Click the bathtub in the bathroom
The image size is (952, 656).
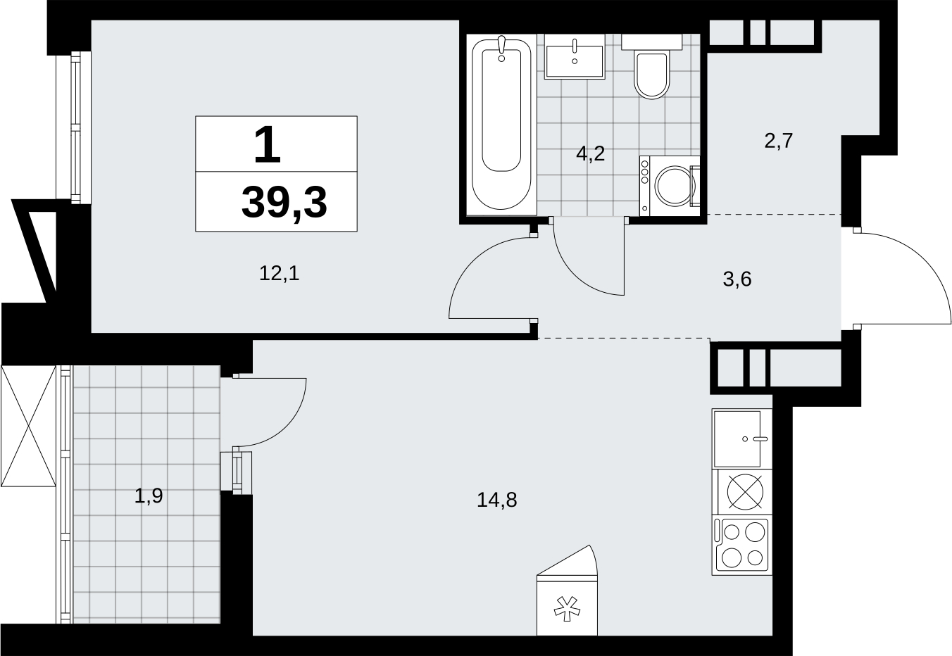point(501,125)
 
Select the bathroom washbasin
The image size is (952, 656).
point(575,62)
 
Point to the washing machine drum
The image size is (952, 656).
point(675,186)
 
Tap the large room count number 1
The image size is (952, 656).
point(268,146)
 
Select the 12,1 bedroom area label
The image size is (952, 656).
point(280,273)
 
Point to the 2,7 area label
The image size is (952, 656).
point(779,141)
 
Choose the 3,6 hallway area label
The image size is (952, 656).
point(737,279)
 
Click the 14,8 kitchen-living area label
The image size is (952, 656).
point(497,500)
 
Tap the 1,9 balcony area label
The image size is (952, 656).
point(149,496)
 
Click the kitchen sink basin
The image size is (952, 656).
point(737,439)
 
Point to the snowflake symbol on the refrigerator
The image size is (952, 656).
point(567,609)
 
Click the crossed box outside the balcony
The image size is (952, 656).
point(28,426)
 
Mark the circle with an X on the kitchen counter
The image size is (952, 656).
point(745,492)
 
